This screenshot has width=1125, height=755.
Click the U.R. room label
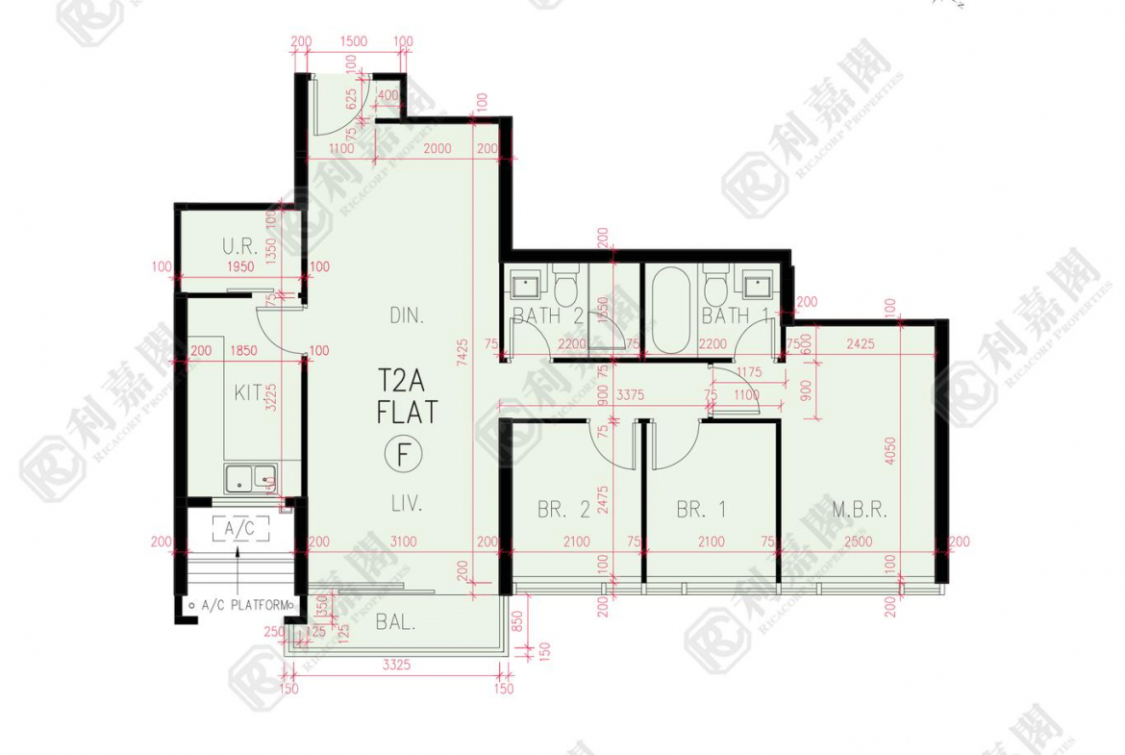pos(240,245)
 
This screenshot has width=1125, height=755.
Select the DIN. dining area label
pos(407,315)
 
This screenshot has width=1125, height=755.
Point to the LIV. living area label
pos(407,502)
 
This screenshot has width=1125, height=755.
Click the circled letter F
pos(407,452)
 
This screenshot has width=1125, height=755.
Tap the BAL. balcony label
pos(395,622)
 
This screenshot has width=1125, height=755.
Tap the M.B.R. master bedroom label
pos(859,510)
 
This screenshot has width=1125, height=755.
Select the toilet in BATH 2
pos(564,285)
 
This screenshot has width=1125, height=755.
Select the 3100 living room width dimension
pos(404,542)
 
